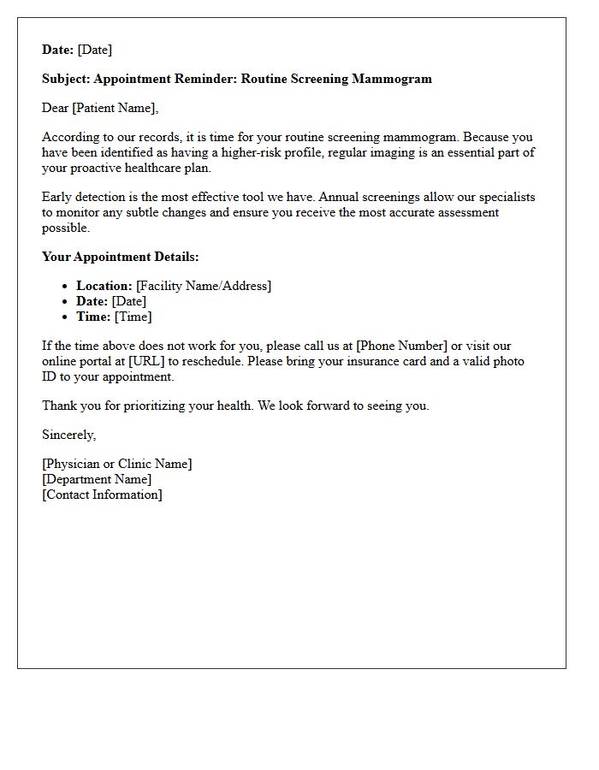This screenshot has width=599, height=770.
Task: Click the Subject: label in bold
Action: (x=66, y=79)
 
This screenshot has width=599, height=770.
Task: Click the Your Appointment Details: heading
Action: (x=120, y=257)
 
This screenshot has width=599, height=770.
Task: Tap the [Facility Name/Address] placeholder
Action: (x=204, y=286)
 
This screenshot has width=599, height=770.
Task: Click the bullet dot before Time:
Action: (x=66, y=317)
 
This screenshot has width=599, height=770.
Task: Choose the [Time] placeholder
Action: (x=133, y=317)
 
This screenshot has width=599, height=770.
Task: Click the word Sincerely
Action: (x=68, y=435)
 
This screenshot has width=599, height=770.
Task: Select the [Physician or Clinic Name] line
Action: (x=117, y=464)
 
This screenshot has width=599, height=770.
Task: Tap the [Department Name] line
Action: (x=97, y=479)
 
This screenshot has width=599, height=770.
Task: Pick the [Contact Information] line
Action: (x=102, y=495)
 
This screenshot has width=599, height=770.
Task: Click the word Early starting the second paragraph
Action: (x=58, y=197)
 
